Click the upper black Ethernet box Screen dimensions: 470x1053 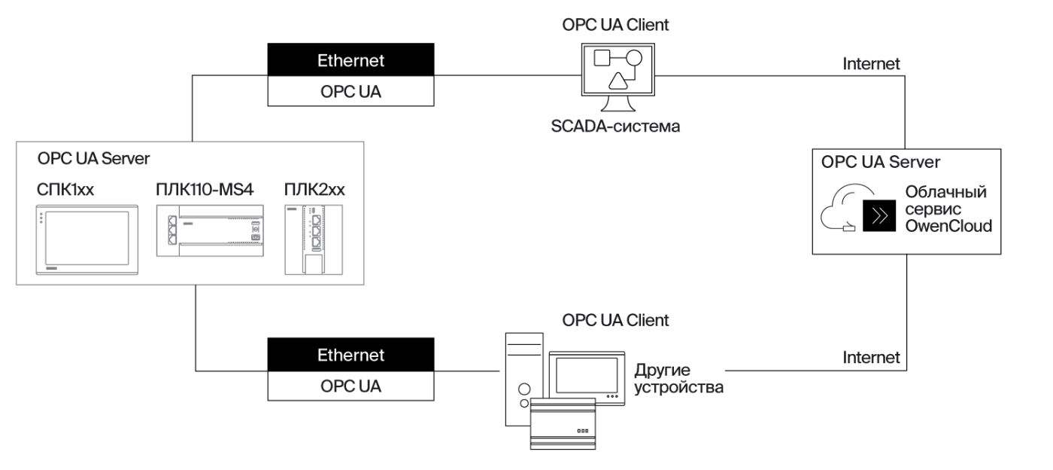(x=350, y=60)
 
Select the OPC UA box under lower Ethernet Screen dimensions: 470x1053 (x=350, y=386)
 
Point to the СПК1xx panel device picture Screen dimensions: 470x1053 (x=82, y=241)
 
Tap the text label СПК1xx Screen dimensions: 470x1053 (x=65, y=189)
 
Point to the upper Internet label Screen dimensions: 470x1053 (x=872, y=63)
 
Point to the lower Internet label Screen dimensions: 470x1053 (x=872, y=358)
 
